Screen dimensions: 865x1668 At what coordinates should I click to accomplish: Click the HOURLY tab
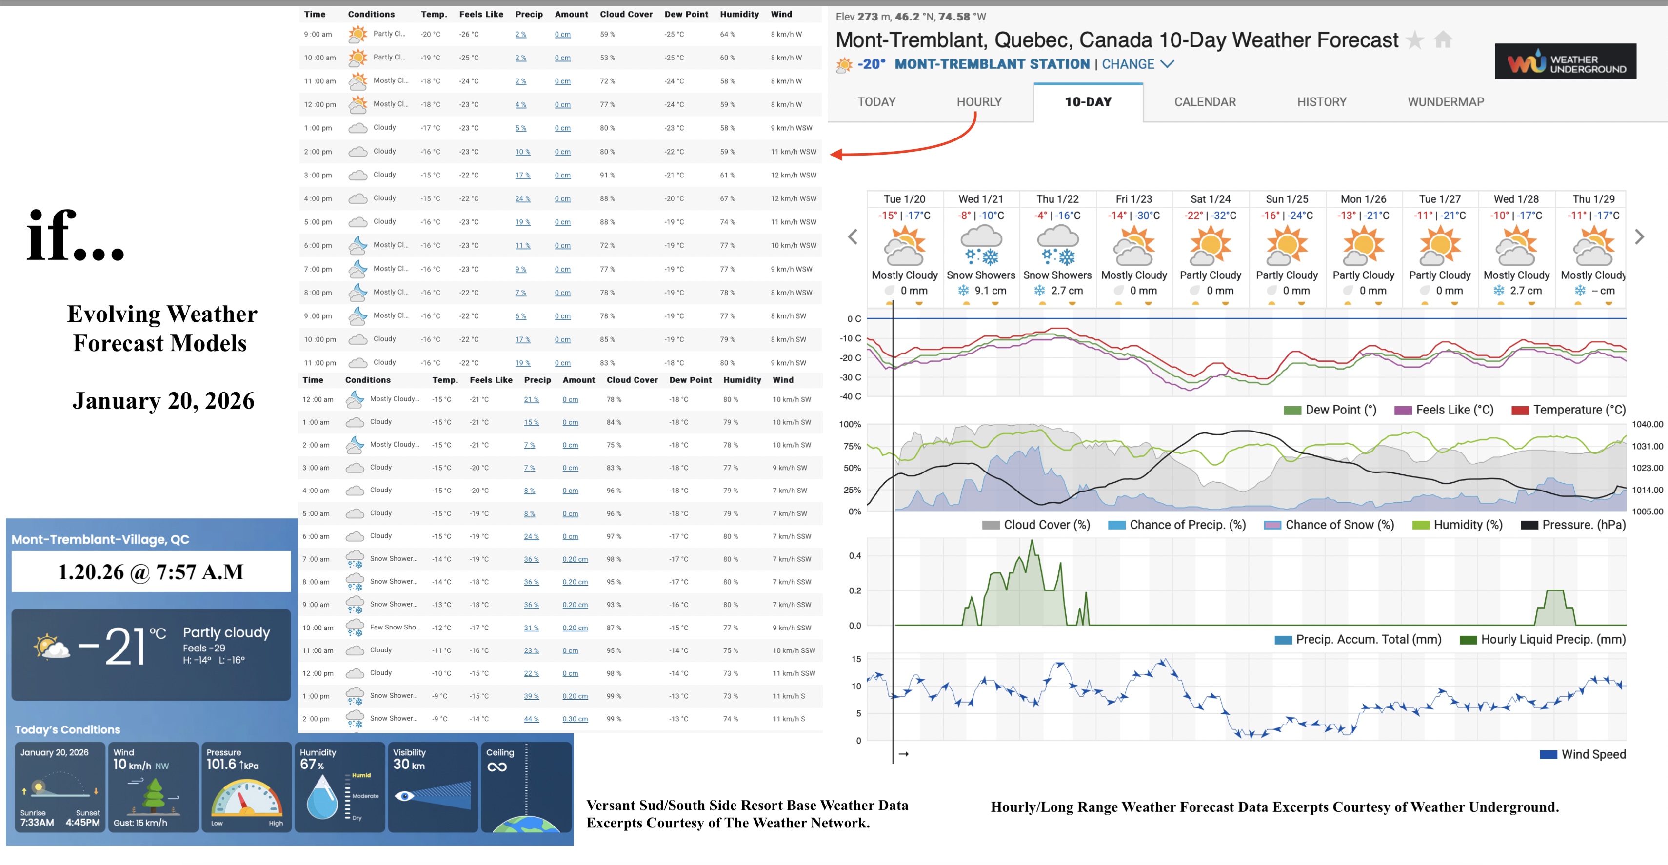point(978,101)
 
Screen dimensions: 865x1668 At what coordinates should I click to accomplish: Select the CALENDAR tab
point(1204,101)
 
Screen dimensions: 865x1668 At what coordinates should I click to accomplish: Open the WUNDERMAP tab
point(1445,101)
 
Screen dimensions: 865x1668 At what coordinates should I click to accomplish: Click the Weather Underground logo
point(1565,62)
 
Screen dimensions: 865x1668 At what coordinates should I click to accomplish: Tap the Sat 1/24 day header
point(1210,199)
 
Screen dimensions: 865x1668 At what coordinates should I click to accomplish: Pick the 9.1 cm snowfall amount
point(990,291)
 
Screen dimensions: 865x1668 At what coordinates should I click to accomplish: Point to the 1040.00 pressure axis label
point(1647,424)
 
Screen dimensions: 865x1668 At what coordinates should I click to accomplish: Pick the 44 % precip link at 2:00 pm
point(531,719)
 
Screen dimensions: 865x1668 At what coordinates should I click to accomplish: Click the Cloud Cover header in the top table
point(625,14)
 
